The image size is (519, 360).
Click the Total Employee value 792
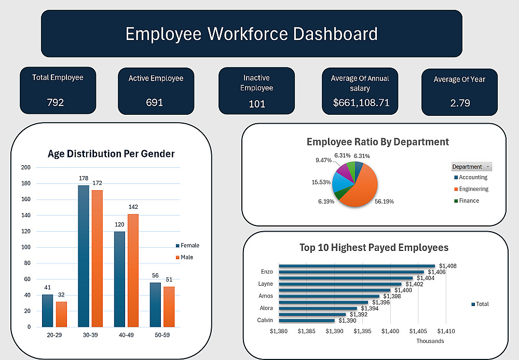[56, 102]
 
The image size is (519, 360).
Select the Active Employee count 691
[154, 102]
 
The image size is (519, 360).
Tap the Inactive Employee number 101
[257, 104]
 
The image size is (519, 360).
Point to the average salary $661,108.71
[361, 102]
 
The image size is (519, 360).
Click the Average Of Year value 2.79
[460, 103]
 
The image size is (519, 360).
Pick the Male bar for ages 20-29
[61, 314]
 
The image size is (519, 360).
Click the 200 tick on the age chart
[26, 167]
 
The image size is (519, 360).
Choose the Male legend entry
[187, 258]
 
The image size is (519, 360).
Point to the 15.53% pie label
[321, 182]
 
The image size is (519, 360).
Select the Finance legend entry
[469, 201]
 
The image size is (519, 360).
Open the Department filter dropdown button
[488, 167]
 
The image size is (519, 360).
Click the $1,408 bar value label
[447, 266]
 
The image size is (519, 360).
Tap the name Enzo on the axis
[267, 272]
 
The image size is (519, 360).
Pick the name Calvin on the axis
[265, 320]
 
